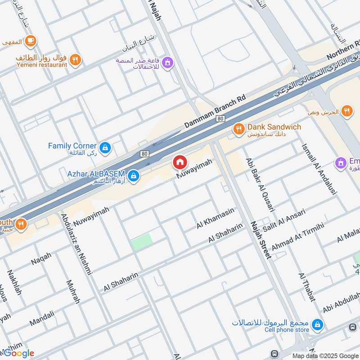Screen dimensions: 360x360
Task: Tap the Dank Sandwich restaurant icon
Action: (x=238, y=130)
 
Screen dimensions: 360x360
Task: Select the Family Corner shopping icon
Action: (x=105, y=147)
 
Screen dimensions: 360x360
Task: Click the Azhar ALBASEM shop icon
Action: (x=133, y=176)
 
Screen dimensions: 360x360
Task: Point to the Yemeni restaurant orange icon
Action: (x=75, y=59)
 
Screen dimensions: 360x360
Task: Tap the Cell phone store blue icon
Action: (x=318, y=324)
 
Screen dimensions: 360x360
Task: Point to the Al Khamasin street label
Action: (x=216, y=218)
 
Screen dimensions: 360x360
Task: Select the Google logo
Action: (x=18, y=353)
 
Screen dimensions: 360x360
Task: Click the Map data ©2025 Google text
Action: (x=324, y=355)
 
